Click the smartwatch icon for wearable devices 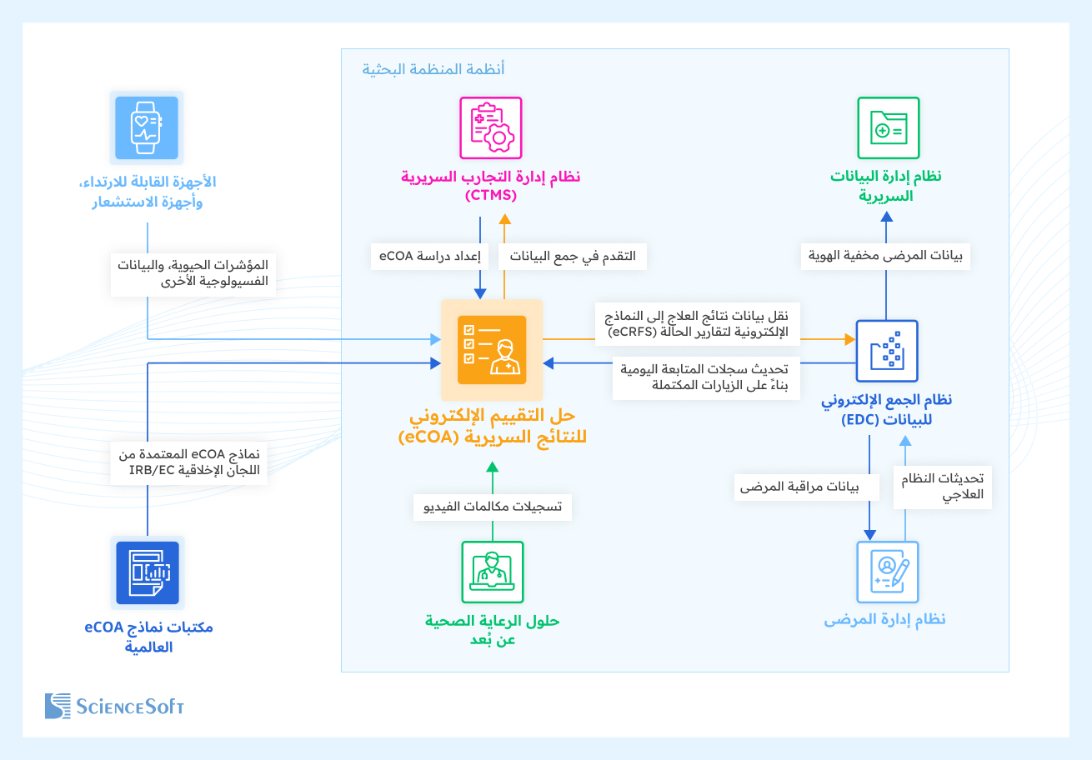coord(147,127)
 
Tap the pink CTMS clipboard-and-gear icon coord(491,127)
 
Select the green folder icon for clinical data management coord(888,127)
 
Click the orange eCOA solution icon coord(492,350)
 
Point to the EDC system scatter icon coord(887,351)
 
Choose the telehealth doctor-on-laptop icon coord(492,572)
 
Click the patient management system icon coord(887,572)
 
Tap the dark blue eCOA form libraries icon coord(147,572)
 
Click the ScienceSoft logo coord(114,706)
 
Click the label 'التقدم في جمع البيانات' coord(573,256)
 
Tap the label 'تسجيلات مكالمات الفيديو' coord(492,507)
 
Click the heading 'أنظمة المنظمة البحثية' coord(433,69)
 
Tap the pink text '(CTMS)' coord(491,196)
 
